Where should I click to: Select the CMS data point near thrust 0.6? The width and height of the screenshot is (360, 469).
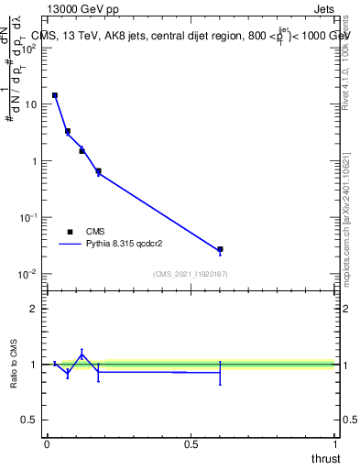[220, 249]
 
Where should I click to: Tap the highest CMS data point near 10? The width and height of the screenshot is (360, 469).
[55, 95]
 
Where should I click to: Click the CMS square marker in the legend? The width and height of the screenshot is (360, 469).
[70, 232]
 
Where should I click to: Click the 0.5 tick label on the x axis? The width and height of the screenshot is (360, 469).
[191, 443]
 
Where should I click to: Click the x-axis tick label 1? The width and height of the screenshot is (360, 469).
[335, 443]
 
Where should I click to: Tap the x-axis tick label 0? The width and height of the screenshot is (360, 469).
[47, 443]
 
